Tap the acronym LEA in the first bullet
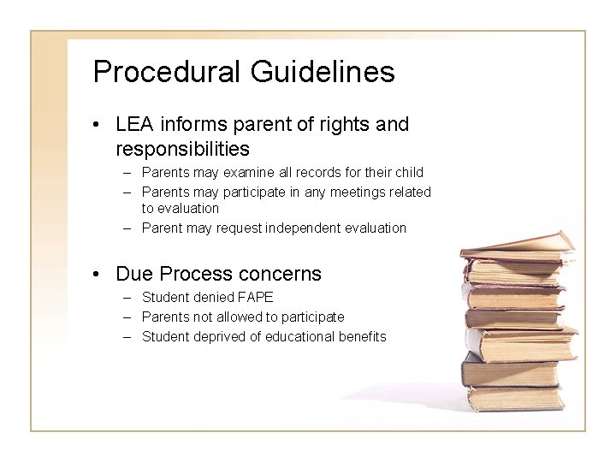pyautogui.click(x=134, y=124)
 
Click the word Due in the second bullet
pyautogui.click(x=133, y=274)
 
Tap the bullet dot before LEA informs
pyautogui.click(x=100, y=125)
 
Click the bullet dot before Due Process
pyautogui.click(x=100, y=275)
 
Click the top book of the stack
pyautogui.click(x=518, y=243)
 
